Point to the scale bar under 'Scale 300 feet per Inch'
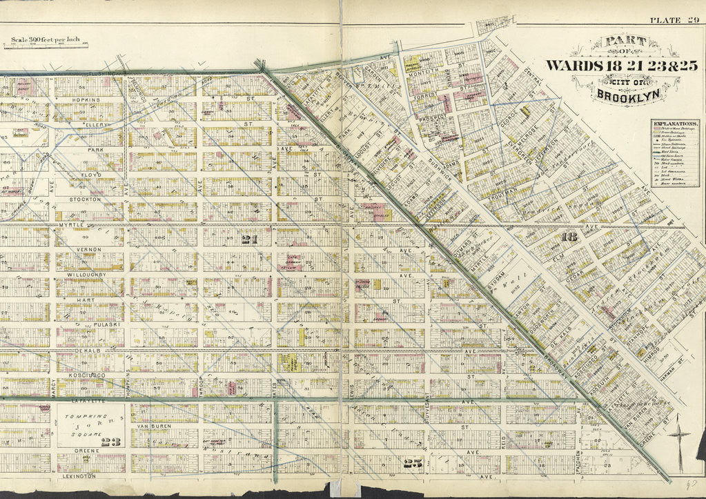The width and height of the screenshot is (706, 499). click(x=46, y=46)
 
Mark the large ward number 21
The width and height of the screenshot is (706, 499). click(x=249, y=239)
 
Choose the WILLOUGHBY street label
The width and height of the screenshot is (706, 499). click(x=88, y=275)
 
